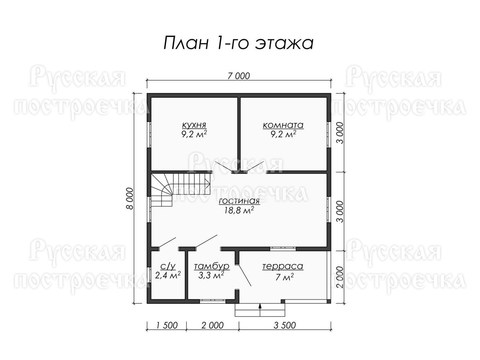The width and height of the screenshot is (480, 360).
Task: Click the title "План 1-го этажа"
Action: tap(238, 43)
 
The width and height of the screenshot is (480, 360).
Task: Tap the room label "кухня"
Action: tap(194, 125)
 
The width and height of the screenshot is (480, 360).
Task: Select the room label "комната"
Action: tap(283, 125)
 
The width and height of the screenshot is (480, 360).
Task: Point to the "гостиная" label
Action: tap(239, 201)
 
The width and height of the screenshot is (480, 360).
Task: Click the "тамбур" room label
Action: tap(212, 266)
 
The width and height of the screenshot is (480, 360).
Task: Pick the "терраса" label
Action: tap(283, 267)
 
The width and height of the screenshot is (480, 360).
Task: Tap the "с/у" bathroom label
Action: tap(168, 266)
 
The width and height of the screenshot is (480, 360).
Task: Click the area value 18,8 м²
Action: tap(239, 210)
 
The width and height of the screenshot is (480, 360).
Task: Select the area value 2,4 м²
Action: tap(168, 275)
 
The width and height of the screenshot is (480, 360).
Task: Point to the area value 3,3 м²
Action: tap(211, 275)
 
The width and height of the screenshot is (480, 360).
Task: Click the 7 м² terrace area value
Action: tap(283, 276)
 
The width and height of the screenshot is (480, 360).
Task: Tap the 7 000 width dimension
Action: tap(238, 76)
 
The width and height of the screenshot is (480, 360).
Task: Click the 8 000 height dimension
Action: tap(130, 199)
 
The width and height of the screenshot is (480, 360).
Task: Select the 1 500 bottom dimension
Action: tap(167, 325)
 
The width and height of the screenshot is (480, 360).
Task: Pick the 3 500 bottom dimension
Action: tap(285, 325)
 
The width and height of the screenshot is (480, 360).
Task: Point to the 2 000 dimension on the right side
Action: tap(340, 277)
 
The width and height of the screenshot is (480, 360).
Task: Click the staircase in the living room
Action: tap(181, 189)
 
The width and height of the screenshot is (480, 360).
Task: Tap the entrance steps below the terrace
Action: tap(260, 309)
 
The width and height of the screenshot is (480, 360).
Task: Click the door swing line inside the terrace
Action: tap(244, 275)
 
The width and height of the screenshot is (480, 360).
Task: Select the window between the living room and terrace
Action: tap(283, 248)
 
